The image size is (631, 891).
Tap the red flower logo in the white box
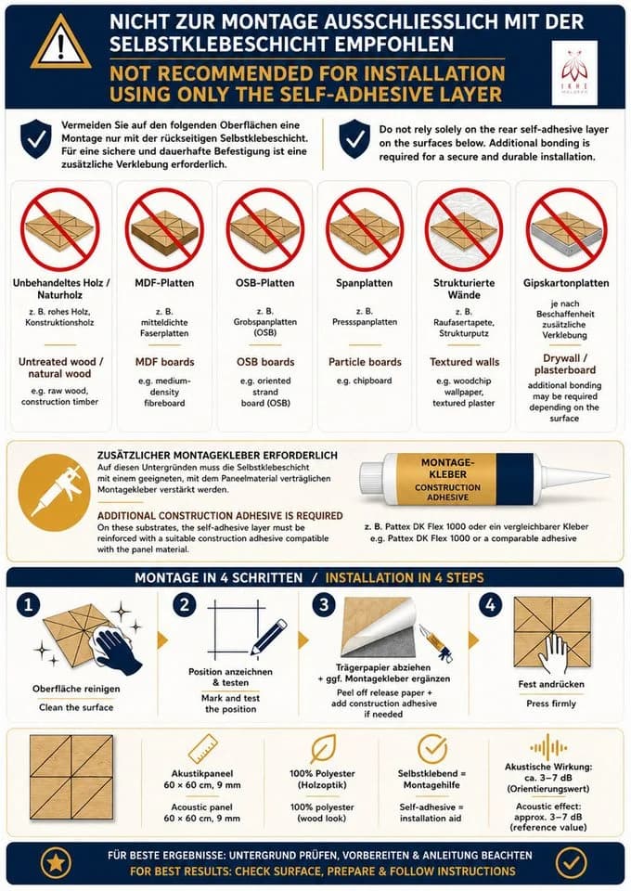click(574, 66)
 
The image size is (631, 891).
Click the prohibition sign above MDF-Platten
click(164, 230)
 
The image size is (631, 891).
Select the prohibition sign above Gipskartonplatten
click(566, 230)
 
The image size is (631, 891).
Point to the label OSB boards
click(265, 362)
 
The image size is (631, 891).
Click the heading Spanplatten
click(364, 283)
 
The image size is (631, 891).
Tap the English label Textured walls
click(464, 362)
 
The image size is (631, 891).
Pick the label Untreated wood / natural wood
click(60, 368)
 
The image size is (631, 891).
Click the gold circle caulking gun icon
click(54, 493)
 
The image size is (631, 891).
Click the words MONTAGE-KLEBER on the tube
click(447, 468)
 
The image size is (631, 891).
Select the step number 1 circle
click(29, 604)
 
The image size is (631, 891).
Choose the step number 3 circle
click(324, 604)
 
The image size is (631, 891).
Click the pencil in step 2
click(269, 637)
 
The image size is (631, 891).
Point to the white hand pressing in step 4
click(552, 652)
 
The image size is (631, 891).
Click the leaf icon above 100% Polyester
click(323, 748)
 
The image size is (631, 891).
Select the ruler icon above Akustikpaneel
click(203, 748)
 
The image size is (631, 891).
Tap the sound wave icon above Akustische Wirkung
click(548, 746)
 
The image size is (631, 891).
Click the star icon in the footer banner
click(55, 862)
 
